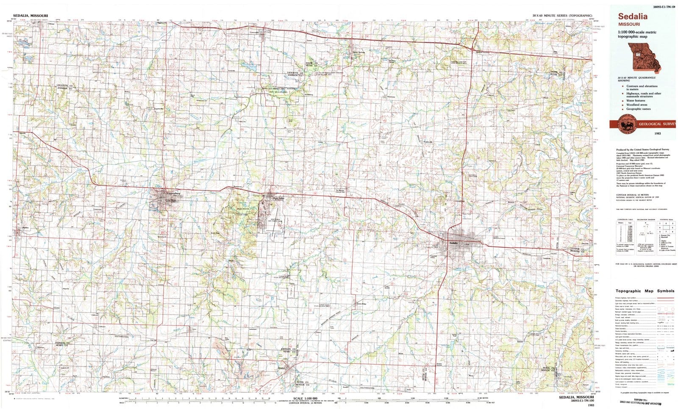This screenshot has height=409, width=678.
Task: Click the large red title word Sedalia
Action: tap(633, 17)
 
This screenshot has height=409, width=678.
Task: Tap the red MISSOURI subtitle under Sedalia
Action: tap(628, 24)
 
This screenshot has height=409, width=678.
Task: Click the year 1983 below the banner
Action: tap(657, 133)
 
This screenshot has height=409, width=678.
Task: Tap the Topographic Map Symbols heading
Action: tap(645, 291)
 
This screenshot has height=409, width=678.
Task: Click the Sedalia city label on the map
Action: tap(453, 242)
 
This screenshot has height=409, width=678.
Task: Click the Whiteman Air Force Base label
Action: tap(276, 220)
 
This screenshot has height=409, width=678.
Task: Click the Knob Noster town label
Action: tap(278, 198)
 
